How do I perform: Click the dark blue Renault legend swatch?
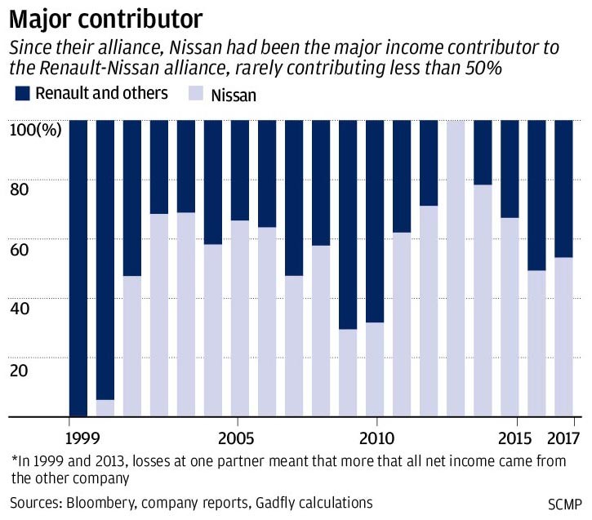[21, 93]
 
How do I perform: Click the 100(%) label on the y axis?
[34, 128]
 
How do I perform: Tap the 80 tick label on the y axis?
[20, 189]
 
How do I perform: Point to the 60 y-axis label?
[20, 249]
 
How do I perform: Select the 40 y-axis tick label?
[20, 309]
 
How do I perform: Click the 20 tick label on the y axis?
[20, 369]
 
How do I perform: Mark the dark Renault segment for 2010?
[375, 220]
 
